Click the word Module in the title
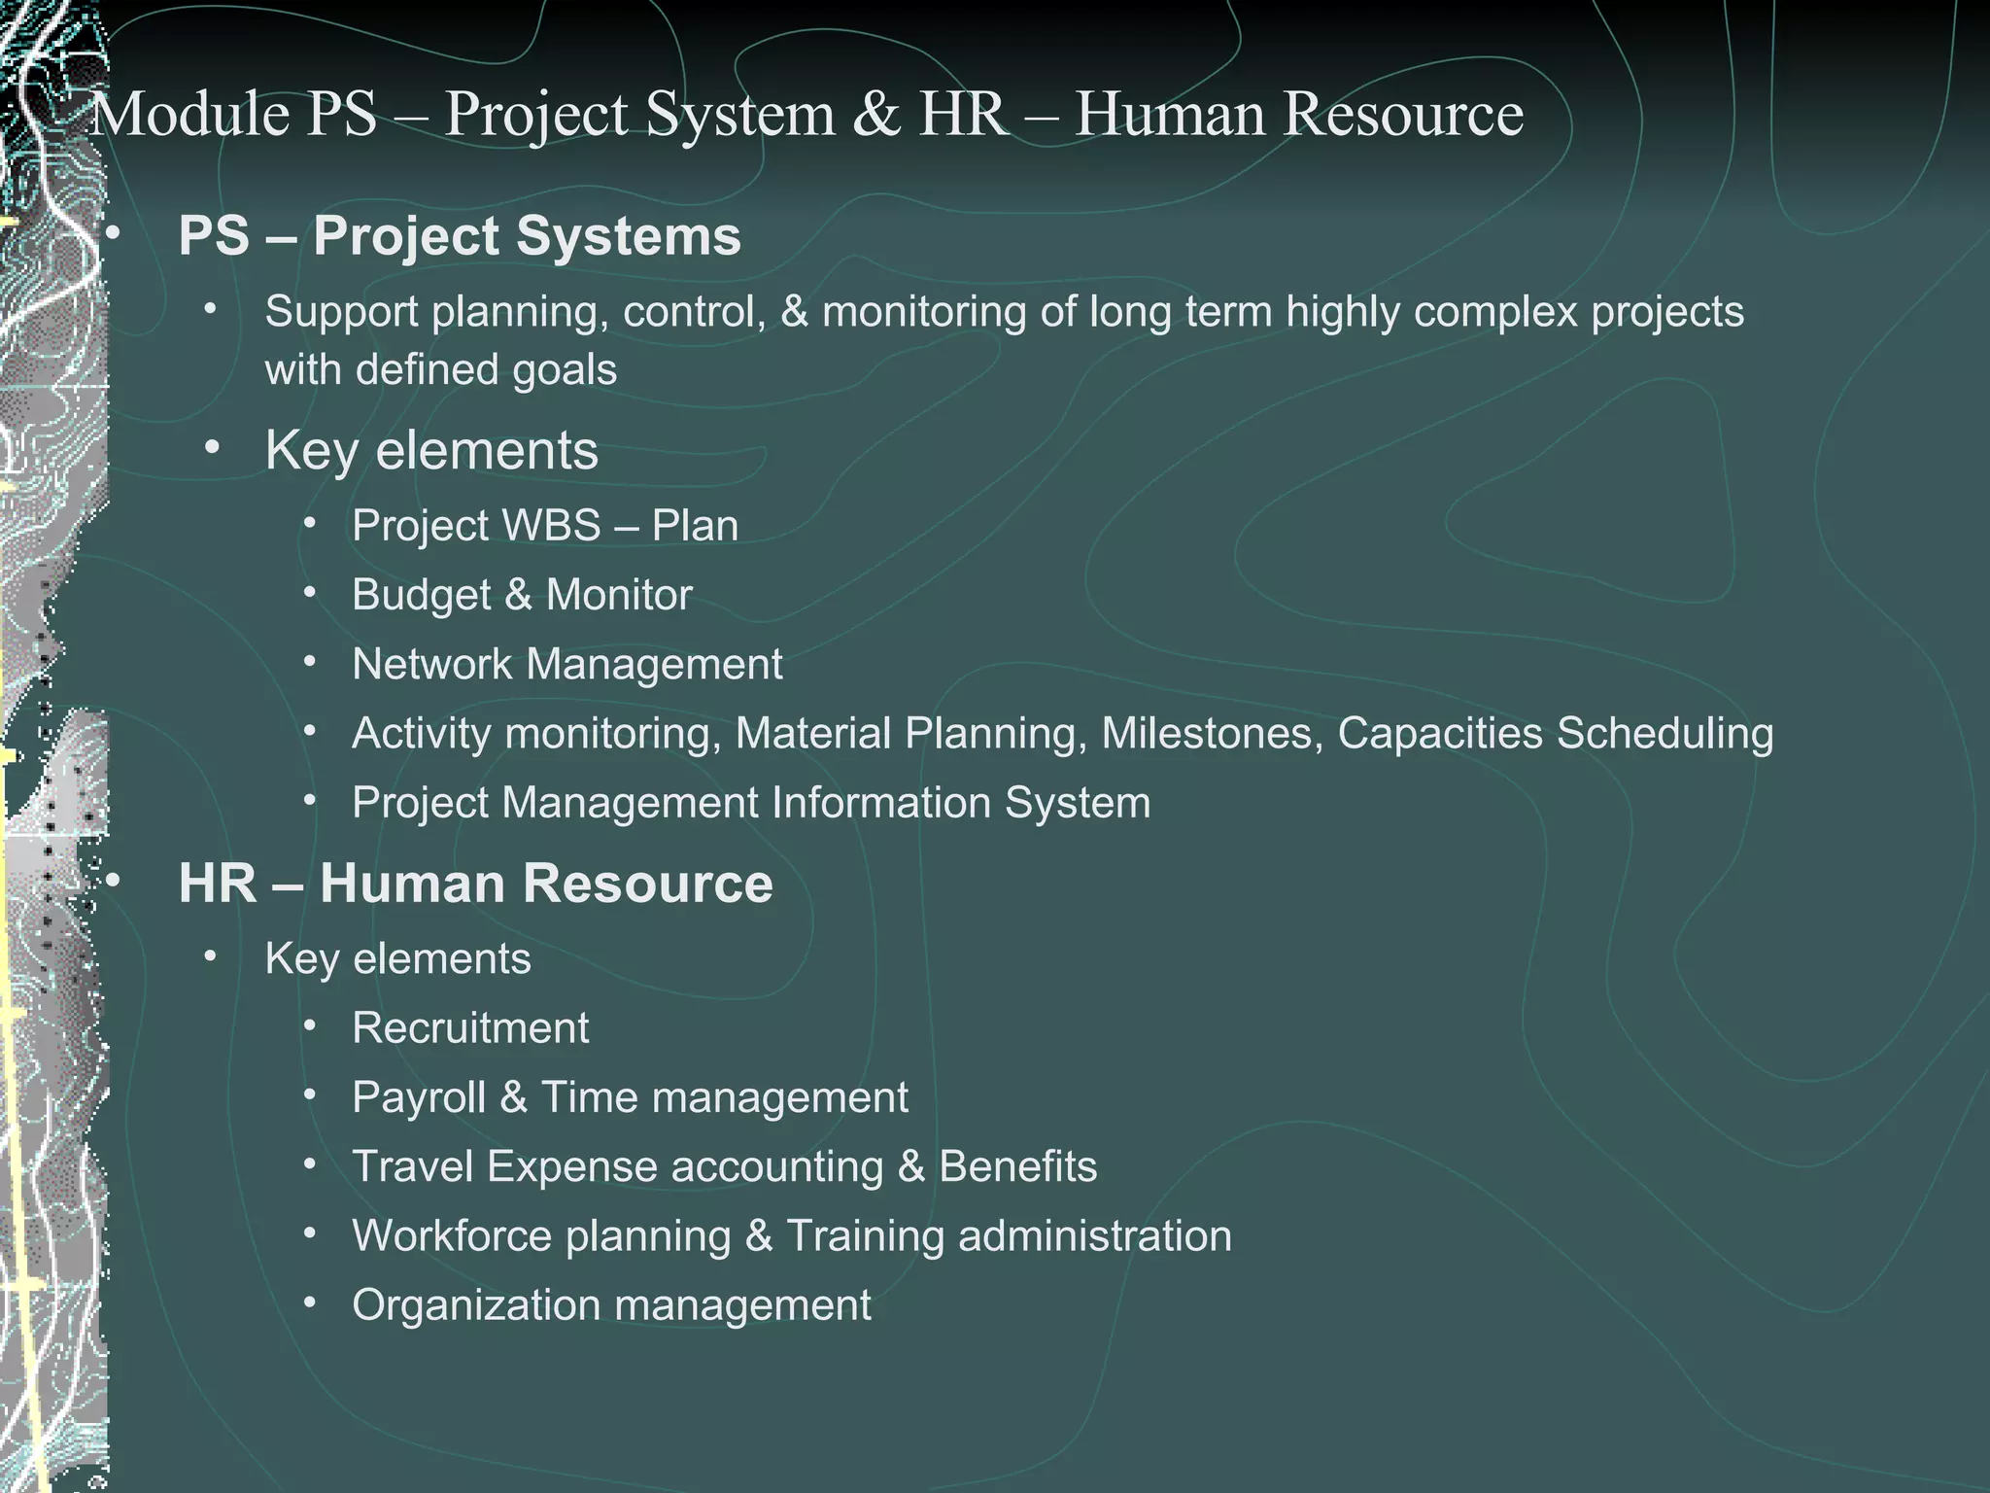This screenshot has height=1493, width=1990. [x=189, y=115]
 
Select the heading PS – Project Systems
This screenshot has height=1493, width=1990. [x=459, y=236]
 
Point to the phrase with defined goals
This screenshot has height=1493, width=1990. [x=440, y=370]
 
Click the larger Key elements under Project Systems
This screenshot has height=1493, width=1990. [x=431, y=451]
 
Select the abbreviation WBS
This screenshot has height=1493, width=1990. [x=552, y=526]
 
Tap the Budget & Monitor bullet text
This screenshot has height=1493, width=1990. [x=522, y=595]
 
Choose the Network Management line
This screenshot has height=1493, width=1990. [x=566, y=665]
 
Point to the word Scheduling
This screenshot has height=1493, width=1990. [x=1664, y=734]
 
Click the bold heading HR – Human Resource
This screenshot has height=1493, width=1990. [x=475, y=884]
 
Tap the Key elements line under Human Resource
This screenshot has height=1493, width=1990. [x=397, y=959]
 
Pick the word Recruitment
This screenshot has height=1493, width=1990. [x=470, y=1028]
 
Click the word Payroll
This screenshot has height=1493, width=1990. [x=419, y=1097]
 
